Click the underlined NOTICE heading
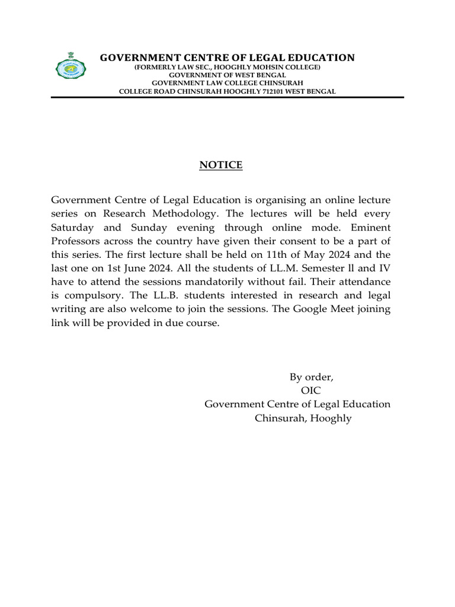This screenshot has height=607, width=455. point(220,165)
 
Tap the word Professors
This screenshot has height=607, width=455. point(75,241)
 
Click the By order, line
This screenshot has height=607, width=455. point(311,377)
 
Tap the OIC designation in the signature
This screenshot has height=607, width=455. point(311,391)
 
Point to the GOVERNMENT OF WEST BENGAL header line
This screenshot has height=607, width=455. point(227,75)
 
